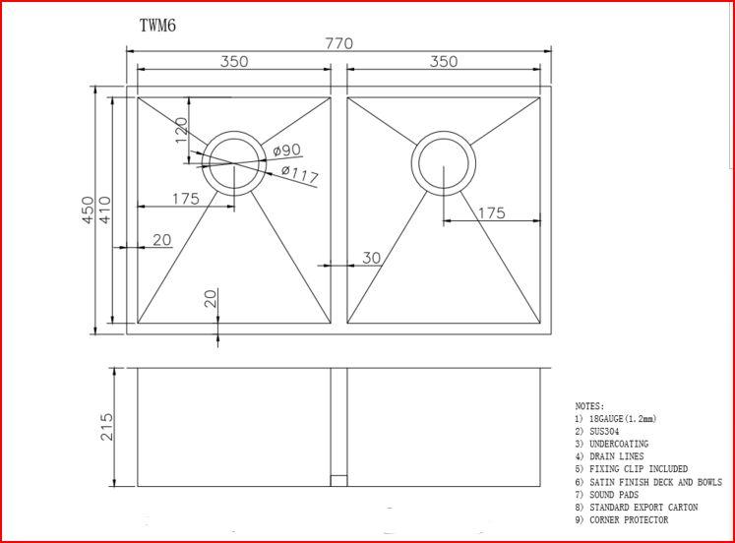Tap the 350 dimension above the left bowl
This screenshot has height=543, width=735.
pos(233,61)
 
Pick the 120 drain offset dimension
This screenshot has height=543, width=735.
pos(181,129)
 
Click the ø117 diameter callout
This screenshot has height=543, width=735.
pos(299,174)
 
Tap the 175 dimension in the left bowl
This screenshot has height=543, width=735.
pos(185,199)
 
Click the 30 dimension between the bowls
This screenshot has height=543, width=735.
pos(370,258)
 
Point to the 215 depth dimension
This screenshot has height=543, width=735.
pos(107,427)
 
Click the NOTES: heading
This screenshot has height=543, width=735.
pos(589,405)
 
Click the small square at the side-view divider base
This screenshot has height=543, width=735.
pos(338,481)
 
